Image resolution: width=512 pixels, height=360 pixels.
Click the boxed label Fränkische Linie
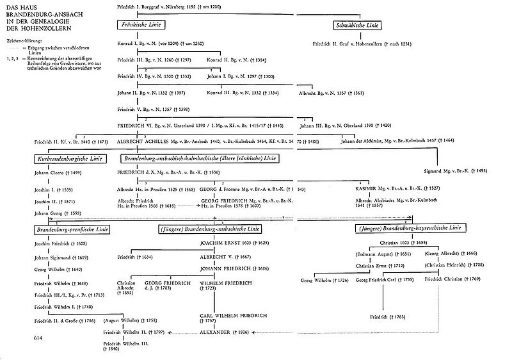click(142, 25)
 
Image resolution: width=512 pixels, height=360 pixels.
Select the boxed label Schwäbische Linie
click(358, 25)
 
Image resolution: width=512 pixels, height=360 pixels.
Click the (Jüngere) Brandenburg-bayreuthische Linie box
click(411, 228)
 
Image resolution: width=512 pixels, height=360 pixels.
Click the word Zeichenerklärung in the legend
click(24, 40)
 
